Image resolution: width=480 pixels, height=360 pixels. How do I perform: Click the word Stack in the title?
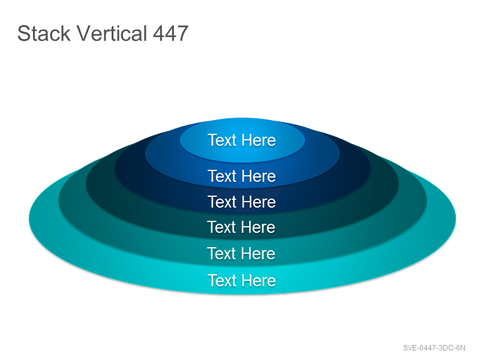point(44,33)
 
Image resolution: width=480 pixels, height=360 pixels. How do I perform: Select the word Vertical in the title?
point(112,33)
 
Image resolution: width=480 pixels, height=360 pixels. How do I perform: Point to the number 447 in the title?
point(170,33)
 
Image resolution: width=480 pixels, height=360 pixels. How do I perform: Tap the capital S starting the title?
point(23,34)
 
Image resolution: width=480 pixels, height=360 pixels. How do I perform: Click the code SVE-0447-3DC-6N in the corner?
point(434,348)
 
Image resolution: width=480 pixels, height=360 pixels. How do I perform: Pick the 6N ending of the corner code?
point(461,348)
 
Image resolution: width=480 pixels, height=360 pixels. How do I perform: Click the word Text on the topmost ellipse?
point(223,140)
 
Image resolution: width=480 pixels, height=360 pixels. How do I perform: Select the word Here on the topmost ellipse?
point(259,140)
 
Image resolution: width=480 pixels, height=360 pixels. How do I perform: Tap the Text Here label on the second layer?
point(242,176)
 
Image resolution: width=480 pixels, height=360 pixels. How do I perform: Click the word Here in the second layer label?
point(259,176)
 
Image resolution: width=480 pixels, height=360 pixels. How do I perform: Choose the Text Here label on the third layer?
point(242,202)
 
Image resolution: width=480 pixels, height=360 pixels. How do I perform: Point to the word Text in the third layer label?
point(223,202)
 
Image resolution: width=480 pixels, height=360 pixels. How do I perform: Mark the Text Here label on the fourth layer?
point(241,227)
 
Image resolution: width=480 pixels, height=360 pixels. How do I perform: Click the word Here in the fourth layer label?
point(259,227)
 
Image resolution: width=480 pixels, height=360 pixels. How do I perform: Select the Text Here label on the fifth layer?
point(241,253)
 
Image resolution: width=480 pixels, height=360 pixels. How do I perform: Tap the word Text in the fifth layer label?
point(222,253)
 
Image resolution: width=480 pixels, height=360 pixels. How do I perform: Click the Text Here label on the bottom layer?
point(242,280)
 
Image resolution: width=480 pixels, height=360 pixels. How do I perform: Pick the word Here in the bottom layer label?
point(259,280)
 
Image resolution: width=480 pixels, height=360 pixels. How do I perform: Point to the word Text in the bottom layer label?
point(223,280)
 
